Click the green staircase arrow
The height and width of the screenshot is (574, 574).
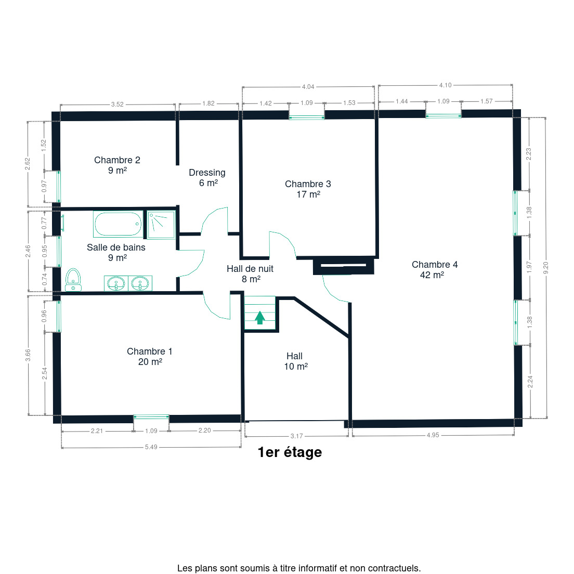tap(260, 317)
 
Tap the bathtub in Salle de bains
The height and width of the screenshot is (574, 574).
tap(118, 224)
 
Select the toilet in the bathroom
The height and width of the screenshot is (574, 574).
tap(73, 280)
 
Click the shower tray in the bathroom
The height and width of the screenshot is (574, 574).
tap(161, 225)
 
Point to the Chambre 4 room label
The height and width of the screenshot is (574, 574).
tap(435, 264)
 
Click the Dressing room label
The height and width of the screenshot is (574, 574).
tap(207, 173)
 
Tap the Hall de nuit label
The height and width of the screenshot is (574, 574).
tap(250, 269)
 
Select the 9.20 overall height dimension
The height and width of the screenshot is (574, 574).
tap(546, 268)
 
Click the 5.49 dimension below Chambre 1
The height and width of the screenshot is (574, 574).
tap(151, 447)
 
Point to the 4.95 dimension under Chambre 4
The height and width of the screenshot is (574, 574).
tap(433, 435)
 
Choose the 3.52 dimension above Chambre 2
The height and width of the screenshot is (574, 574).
tap(117, 105)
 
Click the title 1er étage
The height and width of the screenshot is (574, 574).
tap(290, 452)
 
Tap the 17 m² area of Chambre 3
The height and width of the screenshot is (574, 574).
tap(308, 194)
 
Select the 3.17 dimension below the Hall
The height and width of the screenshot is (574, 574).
tap(296, 436)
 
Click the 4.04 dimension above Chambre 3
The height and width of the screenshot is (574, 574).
tap(308, 87)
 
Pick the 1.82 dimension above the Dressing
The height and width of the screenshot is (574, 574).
tap(208, 103)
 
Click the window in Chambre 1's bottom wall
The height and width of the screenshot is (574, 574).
tap(151, 417)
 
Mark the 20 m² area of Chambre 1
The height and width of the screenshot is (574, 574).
tap(150, 362)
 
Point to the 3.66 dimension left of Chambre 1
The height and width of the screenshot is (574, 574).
tap(28, 355)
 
